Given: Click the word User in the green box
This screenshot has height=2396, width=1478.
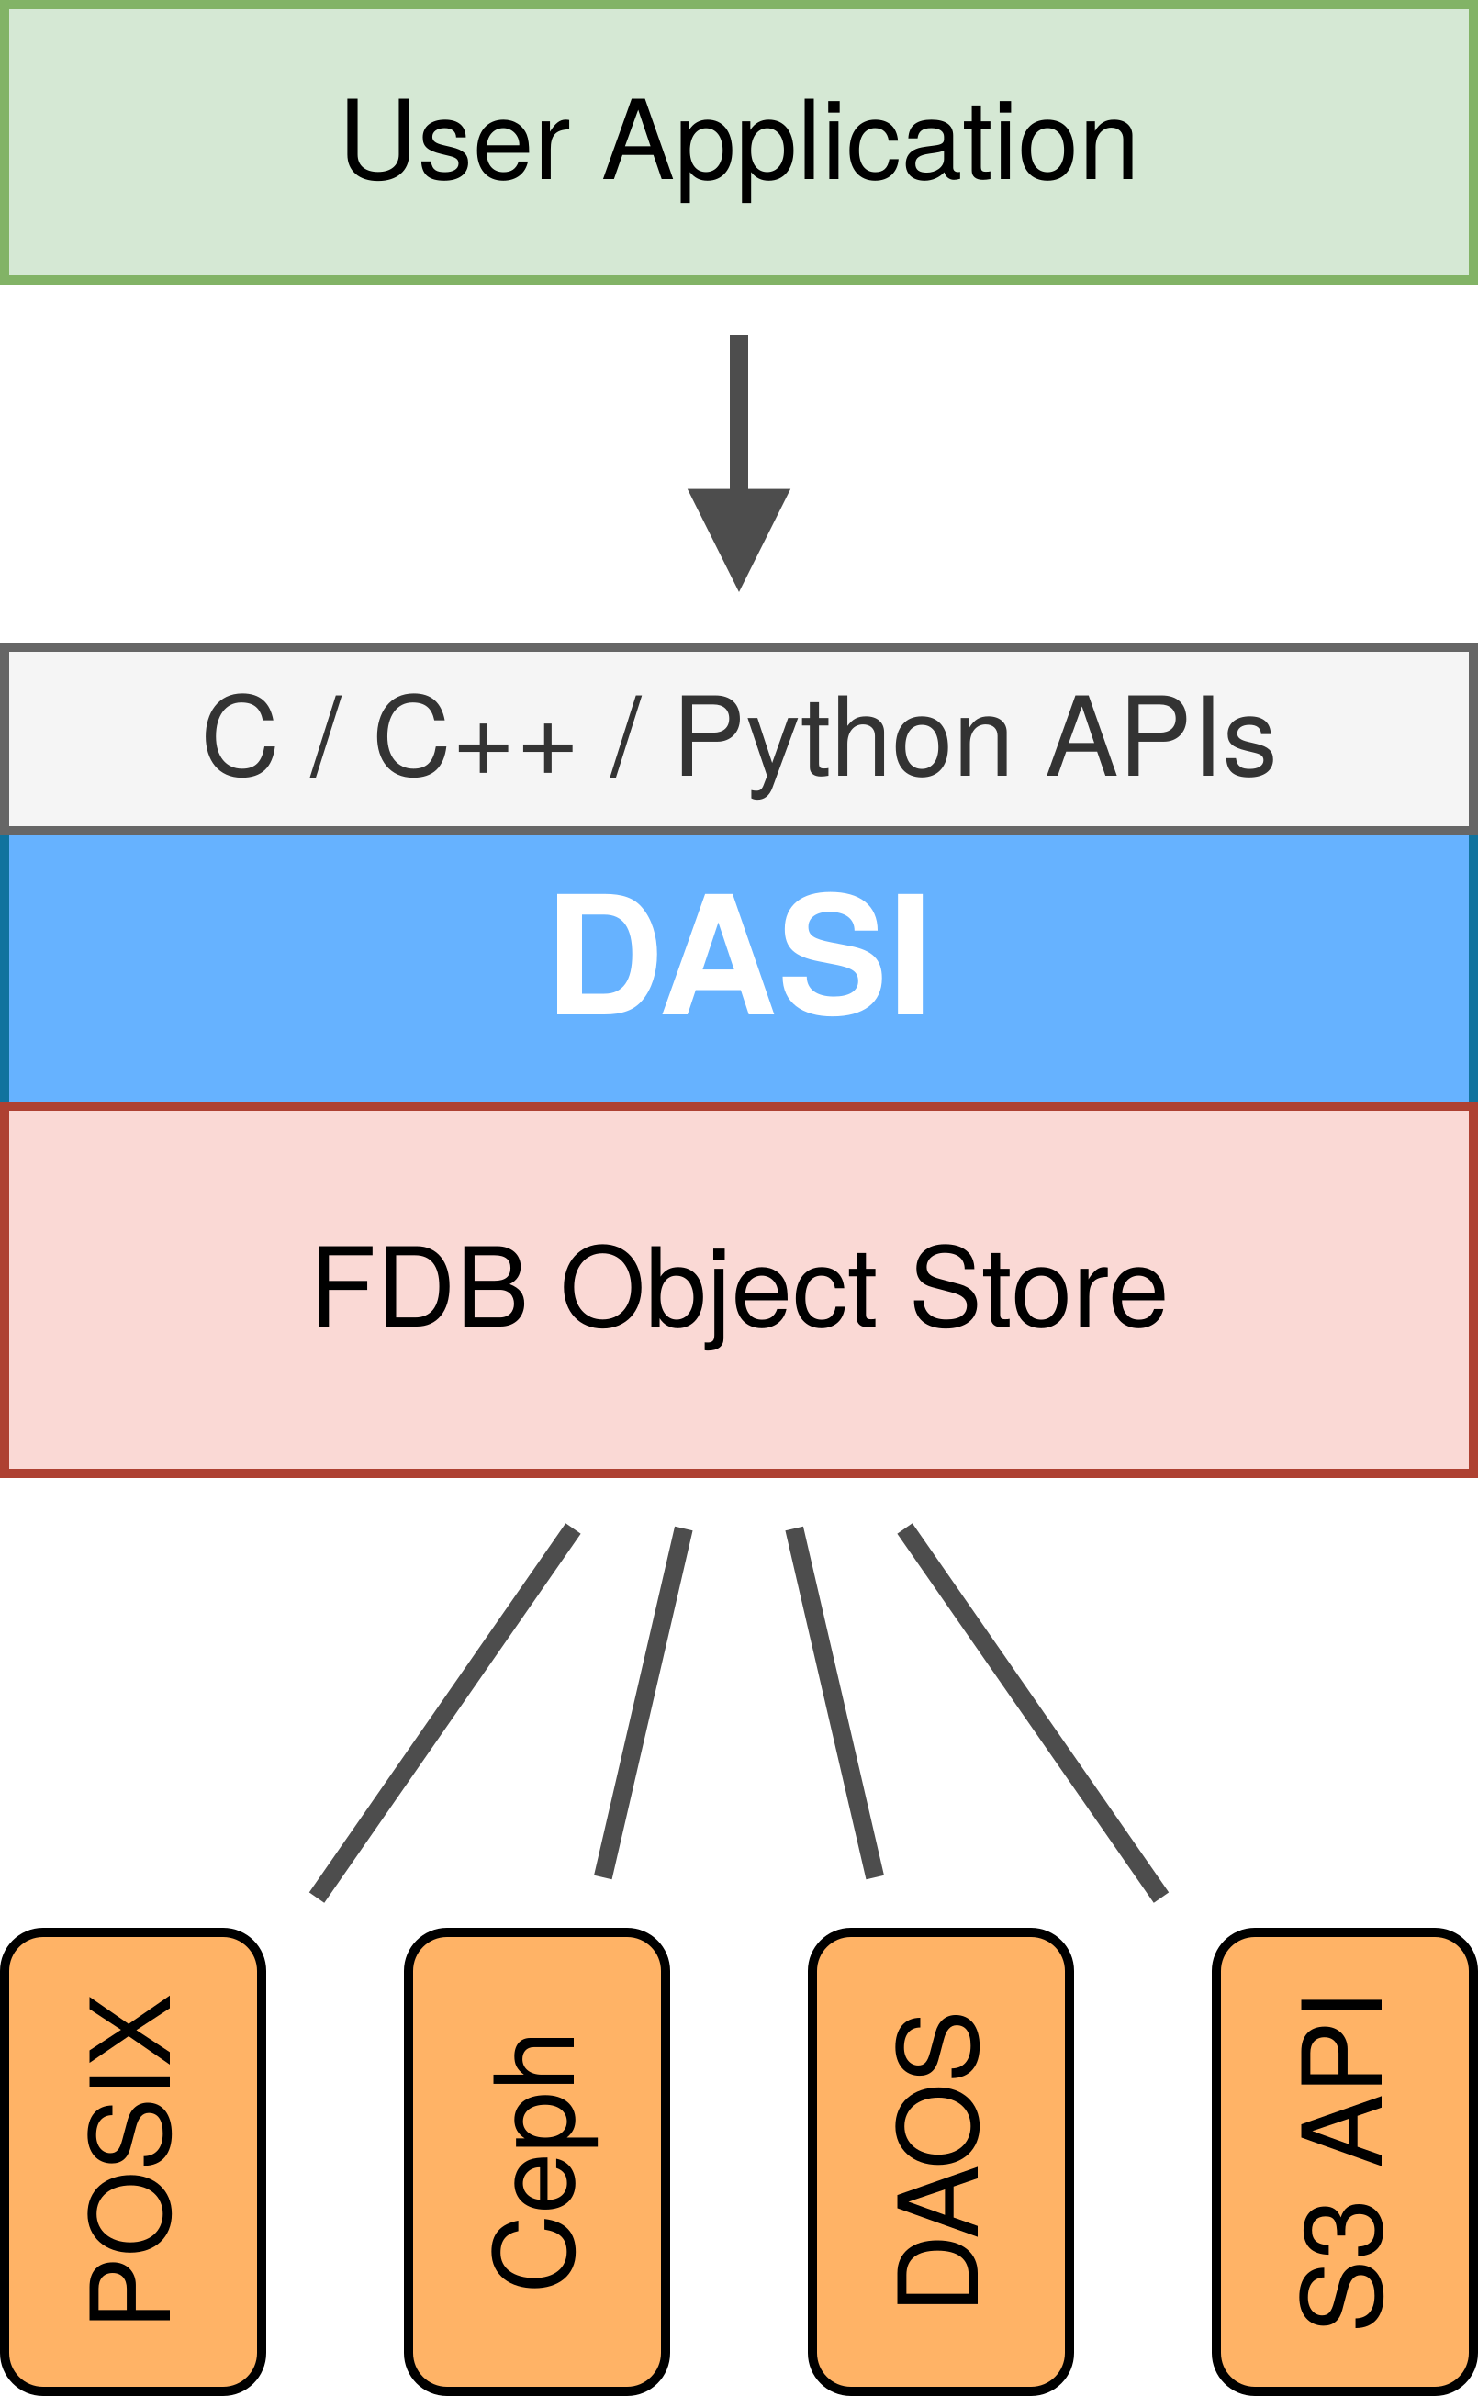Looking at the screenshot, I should point(454,141).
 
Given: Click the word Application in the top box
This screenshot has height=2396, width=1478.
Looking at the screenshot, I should point(870,145).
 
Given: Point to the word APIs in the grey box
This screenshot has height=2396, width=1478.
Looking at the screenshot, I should point(1160,738).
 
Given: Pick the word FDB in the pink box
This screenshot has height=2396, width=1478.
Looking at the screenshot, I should point(420,1289).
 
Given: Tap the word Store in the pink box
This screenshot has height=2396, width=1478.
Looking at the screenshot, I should point(1038,1289).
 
